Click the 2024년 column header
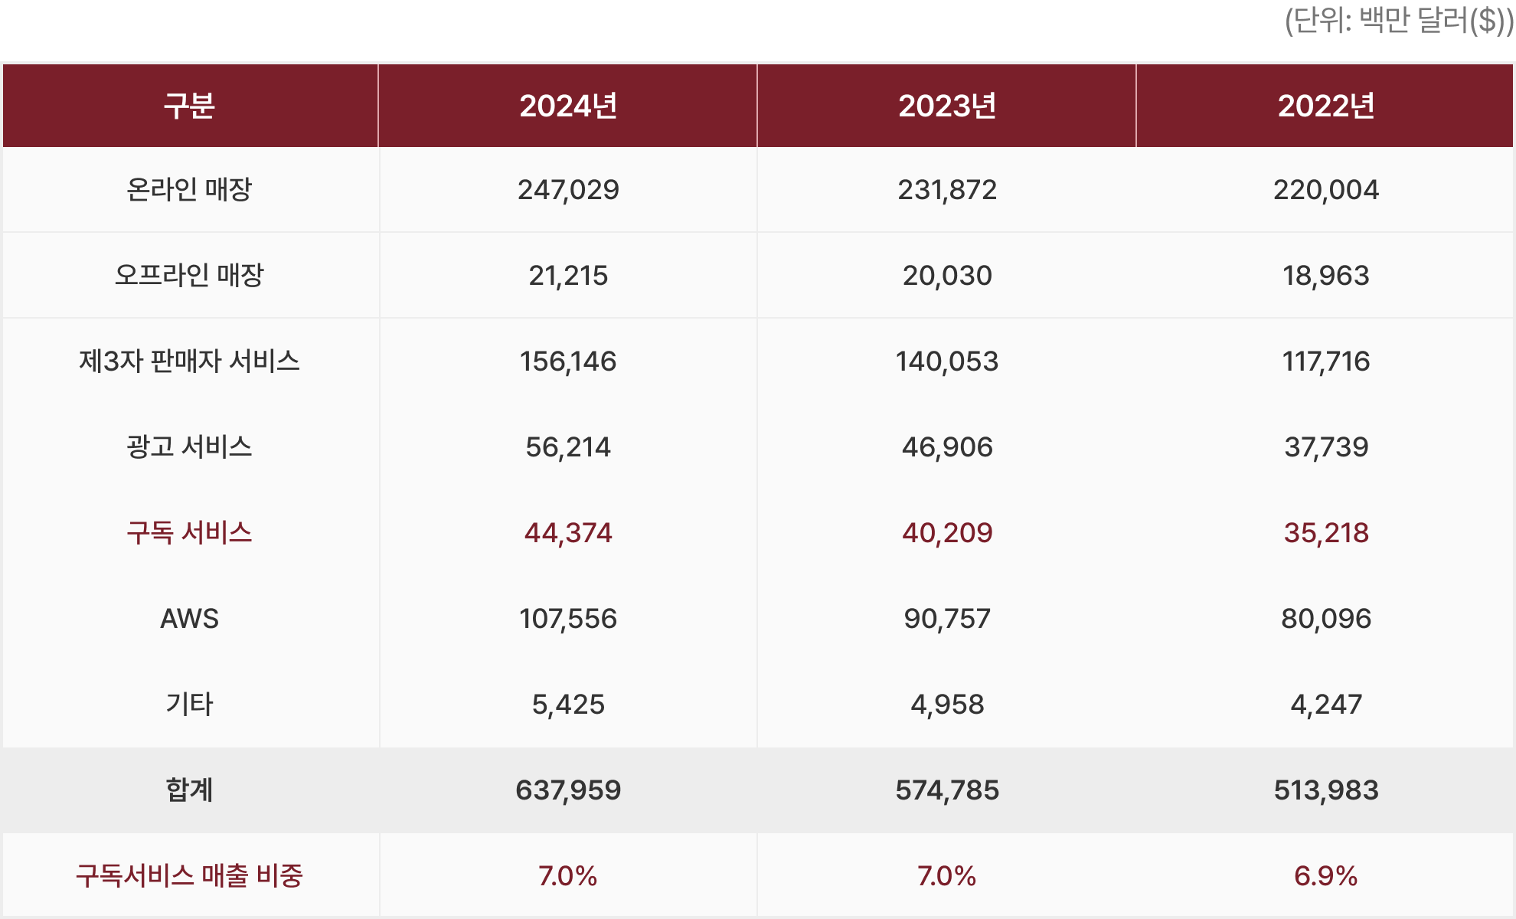click(568, 106)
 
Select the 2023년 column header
click(947, 106)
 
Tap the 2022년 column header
click(1326, 106)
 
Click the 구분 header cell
click(189, 106)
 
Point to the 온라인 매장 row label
click(189, 189)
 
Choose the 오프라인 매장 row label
click(189, 275)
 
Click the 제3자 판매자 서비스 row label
click(189, 361)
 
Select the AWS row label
click(189, 618)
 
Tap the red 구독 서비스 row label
click(189, 532)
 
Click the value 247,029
click(568, 189)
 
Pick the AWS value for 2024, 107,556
click(568, 618)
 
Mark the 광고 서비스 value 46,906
click(947, 446)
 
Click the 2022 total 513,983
click(1326, 790)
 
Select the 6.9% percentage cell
click(1326, 875)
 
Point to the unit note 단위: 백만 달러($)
click(1398, 21)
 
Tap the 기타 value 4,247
click(1326, 704)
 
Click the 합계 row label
click(189, 790)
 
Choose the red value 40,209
click(947, 532)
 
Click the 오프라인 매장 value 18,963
click(1326, 275)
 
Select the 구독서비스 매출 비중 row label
click(189, 875)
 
